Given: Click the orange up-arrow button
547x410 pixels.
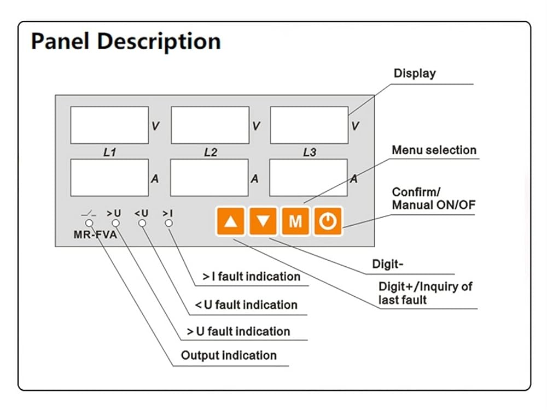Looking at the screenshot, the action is coord(231,221).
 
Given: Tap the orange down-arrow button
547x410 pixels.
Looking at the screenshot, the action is coord(263,221).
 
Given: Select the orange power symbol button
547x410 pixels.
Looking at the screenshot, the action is coord(328,221).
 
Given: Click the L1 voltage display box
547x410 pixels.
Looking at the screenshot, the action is coord(109,125).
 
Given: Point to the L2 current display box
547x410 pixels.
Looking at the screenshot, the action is coord(210,178).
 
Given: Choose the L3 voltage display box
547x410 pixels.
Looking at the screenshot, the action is coord(309,125).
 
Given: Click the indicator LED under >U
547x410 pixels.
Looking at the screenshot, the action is coord(116,223).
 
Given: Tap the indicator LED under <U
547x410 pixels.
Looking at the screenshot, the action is coord(142,223).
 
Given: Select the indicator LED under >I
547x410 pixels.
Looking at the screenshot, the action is coord(169,223).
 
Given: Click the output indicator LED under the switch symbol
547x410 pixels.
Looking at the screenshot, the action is coord(89,223).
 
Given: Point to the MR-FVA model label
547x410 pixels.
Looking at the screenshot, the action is coord(95,235).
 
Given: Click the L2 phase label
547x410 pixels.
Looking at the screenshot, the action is coord(211,153).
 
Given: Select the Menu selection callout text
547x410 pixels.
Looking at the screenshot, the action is coord(434,150).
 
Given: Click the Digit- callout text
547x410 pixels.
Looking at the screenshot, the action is coord(388,264).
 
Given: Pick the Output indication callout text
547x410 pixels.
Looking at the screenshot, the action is coord(229,356).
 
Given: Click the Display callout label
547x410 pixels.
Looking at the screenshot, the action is coord(415,74).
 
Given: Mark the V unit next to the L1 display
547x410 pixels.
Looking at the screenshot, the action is coord(155,126).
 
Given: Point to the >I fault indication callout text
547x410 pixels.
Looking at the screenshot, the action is coord(252,277).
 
